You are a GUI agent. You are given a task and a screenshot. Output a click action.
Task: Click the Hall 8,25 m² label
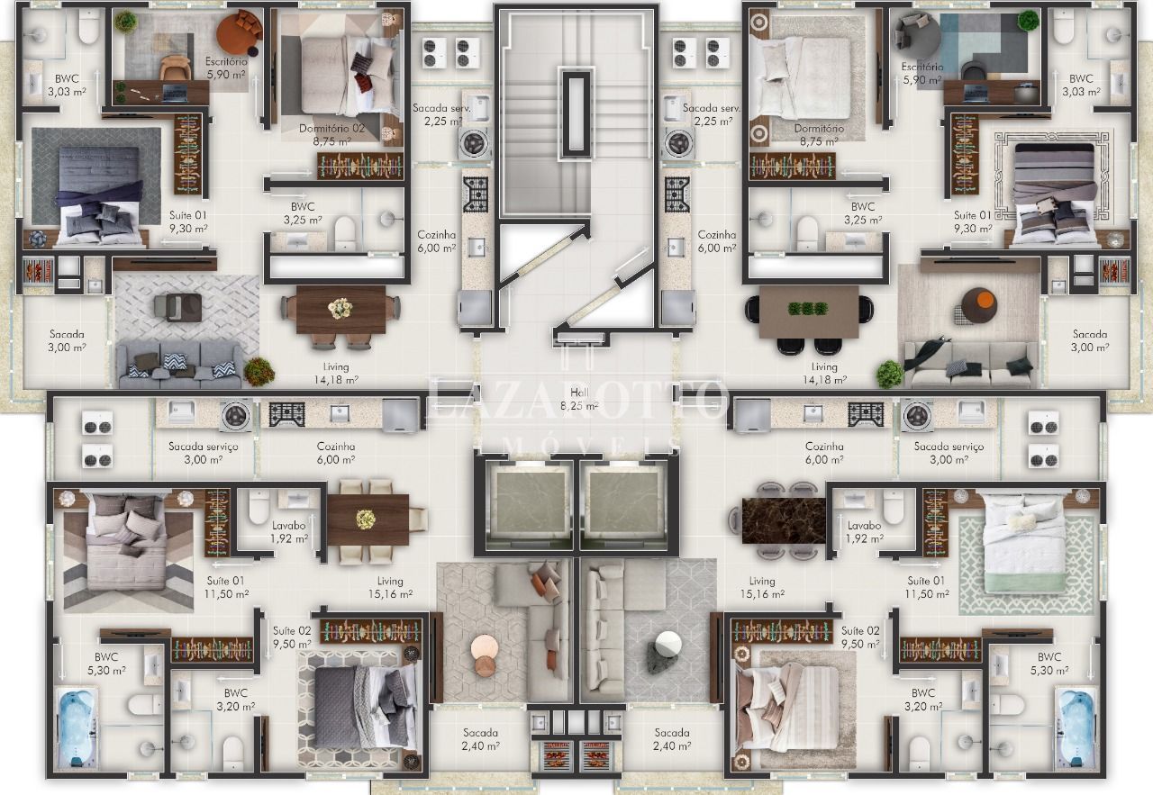point(579,400)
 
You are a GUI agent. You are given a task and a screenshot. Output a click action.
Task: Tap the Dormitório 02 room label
point(332,134)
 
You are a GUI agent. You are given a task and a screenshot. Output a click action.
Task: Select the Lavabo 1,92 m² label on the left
point(289,532)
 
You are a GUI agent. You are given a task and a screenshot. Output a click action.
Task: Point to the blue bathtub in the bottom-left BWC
point(77,728)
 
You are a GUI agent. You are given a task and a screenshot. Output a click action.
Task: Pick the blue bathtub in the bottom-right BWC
point(1076,728)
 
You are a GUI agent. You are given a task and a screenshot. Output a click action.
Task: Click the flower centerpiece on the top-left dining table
point(340,309)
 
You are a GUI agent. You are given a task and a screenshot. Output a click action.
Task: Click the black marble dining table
point(784,520)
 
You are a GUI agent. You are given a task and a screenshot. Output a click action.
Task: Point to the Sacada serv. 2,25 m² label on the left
point(438,114)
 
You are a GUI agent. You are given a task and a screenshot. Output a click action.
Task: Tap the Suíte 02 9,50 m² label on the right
point(860,637)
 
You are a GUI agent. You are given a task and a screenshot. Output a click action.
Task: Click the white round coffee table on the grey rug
point(668,644)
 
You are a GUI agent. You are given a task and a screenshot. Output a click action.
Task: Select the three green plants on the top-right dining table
point(808,309)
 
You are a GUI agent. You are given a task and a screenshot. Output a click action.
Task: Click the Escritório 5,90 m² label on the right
point(922,74)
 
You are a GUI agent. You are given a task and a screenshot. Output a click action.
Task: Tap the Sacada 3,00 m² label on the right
point(1090,340)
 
